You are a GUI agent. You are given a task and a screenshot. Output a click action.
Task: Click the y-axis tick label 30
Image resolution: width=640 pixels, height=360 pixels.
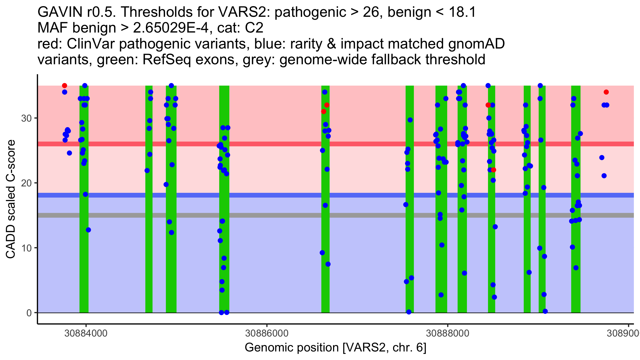pos(26,118)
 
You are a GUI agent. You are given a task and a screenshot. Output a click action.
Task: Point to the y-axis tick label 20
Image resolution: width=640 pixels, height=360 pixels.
pos(26,183)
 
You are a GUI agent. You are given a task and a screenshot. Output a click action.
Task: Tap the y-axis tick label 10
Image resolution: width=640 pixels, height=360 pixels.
pos(26,248)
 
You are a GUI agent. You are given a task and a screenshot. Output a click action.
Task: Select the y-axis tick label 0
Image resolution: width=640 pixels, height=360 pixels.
pos(29,313)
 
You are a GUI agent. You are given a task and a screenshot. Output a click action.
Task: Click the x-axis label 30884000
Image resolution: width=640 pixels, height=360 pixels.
pos(86,333)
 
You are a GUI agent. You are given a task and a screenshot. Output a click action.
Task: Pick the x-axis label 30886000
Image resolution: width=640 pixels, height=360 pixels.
pos(267,333)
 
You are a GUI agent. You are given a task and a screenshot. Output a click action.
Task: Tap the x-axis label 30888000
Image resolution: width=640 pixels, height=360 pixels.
pos(447,333)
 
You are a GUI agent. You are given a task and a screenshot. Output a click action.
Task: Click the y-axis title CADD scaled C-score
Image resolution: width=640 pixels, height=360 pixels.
pos(11,199)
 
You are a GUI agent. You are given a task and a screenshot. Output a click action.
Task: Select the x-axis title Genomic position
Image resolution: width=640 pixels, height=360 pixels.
pos(335,347)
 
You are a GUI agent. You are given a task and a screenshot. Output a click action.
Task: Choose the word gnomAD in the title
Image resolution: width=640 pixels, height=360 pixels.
pos(476,44)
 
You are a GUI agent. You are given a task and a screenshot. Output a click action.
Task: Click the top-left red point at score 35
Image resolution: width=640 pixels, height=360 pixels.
pos(65,86)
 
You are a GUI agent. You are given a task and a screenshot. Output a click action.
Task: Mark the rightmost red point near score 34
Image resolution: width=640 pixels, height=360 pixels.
pos(606,92)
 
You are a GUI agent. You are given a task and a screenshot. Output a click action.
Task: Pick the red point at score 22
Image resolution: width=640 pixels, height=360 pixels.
pos(494,170)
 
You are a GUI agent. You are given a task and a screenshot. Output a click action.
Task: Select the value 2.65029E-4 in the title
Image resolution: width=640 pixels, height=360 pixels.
pos(171,28)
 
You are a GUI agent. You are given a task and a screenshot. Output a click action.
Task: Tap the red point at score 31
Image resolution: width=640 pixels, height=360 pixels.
pos(323,111)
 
